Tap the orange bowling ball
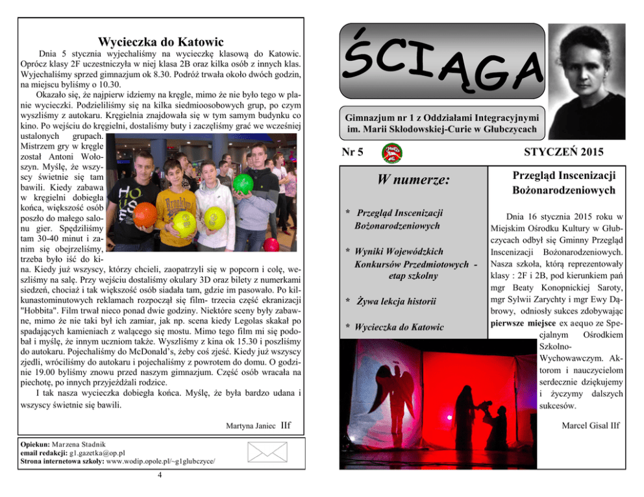145,215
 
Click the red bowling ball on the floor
271,245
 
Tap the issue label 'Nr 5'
352,152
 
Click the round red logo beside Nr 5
391,153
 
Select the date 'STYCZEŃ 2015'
563,152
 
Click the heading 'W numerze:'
414,180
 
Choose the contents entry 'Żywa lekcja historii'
391,301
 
